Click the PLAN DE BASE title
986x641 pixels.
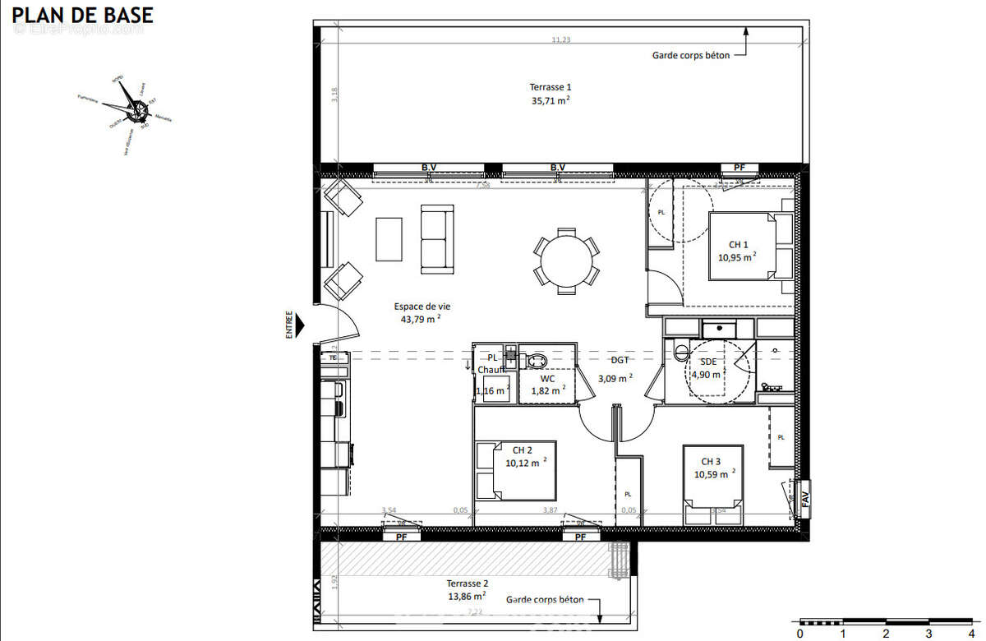pyautogui.click(x=81, y=15)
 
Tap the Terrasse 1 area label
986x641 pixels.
pyautogui.click(x=551, y=94)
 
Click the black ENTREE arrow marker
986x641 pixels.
pyautogui.click(x=300, y=325)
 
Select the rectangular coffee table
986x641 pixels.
pyautogui.click(x=389, y=239)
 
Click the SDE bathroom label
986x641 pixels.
pyautogui.click(x=707, y=368)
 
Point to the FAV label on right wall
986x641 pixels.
pyautogui.click(x=805, y=497)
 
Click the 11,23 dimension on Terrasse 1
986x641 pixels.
pyautogui.click(x=560, y=39)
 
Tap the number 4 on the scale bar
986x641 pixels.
pyautogui.click(x=972, y=634)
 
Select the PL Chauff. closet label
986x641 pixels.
pyautogui.click(x=493, y=364)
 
